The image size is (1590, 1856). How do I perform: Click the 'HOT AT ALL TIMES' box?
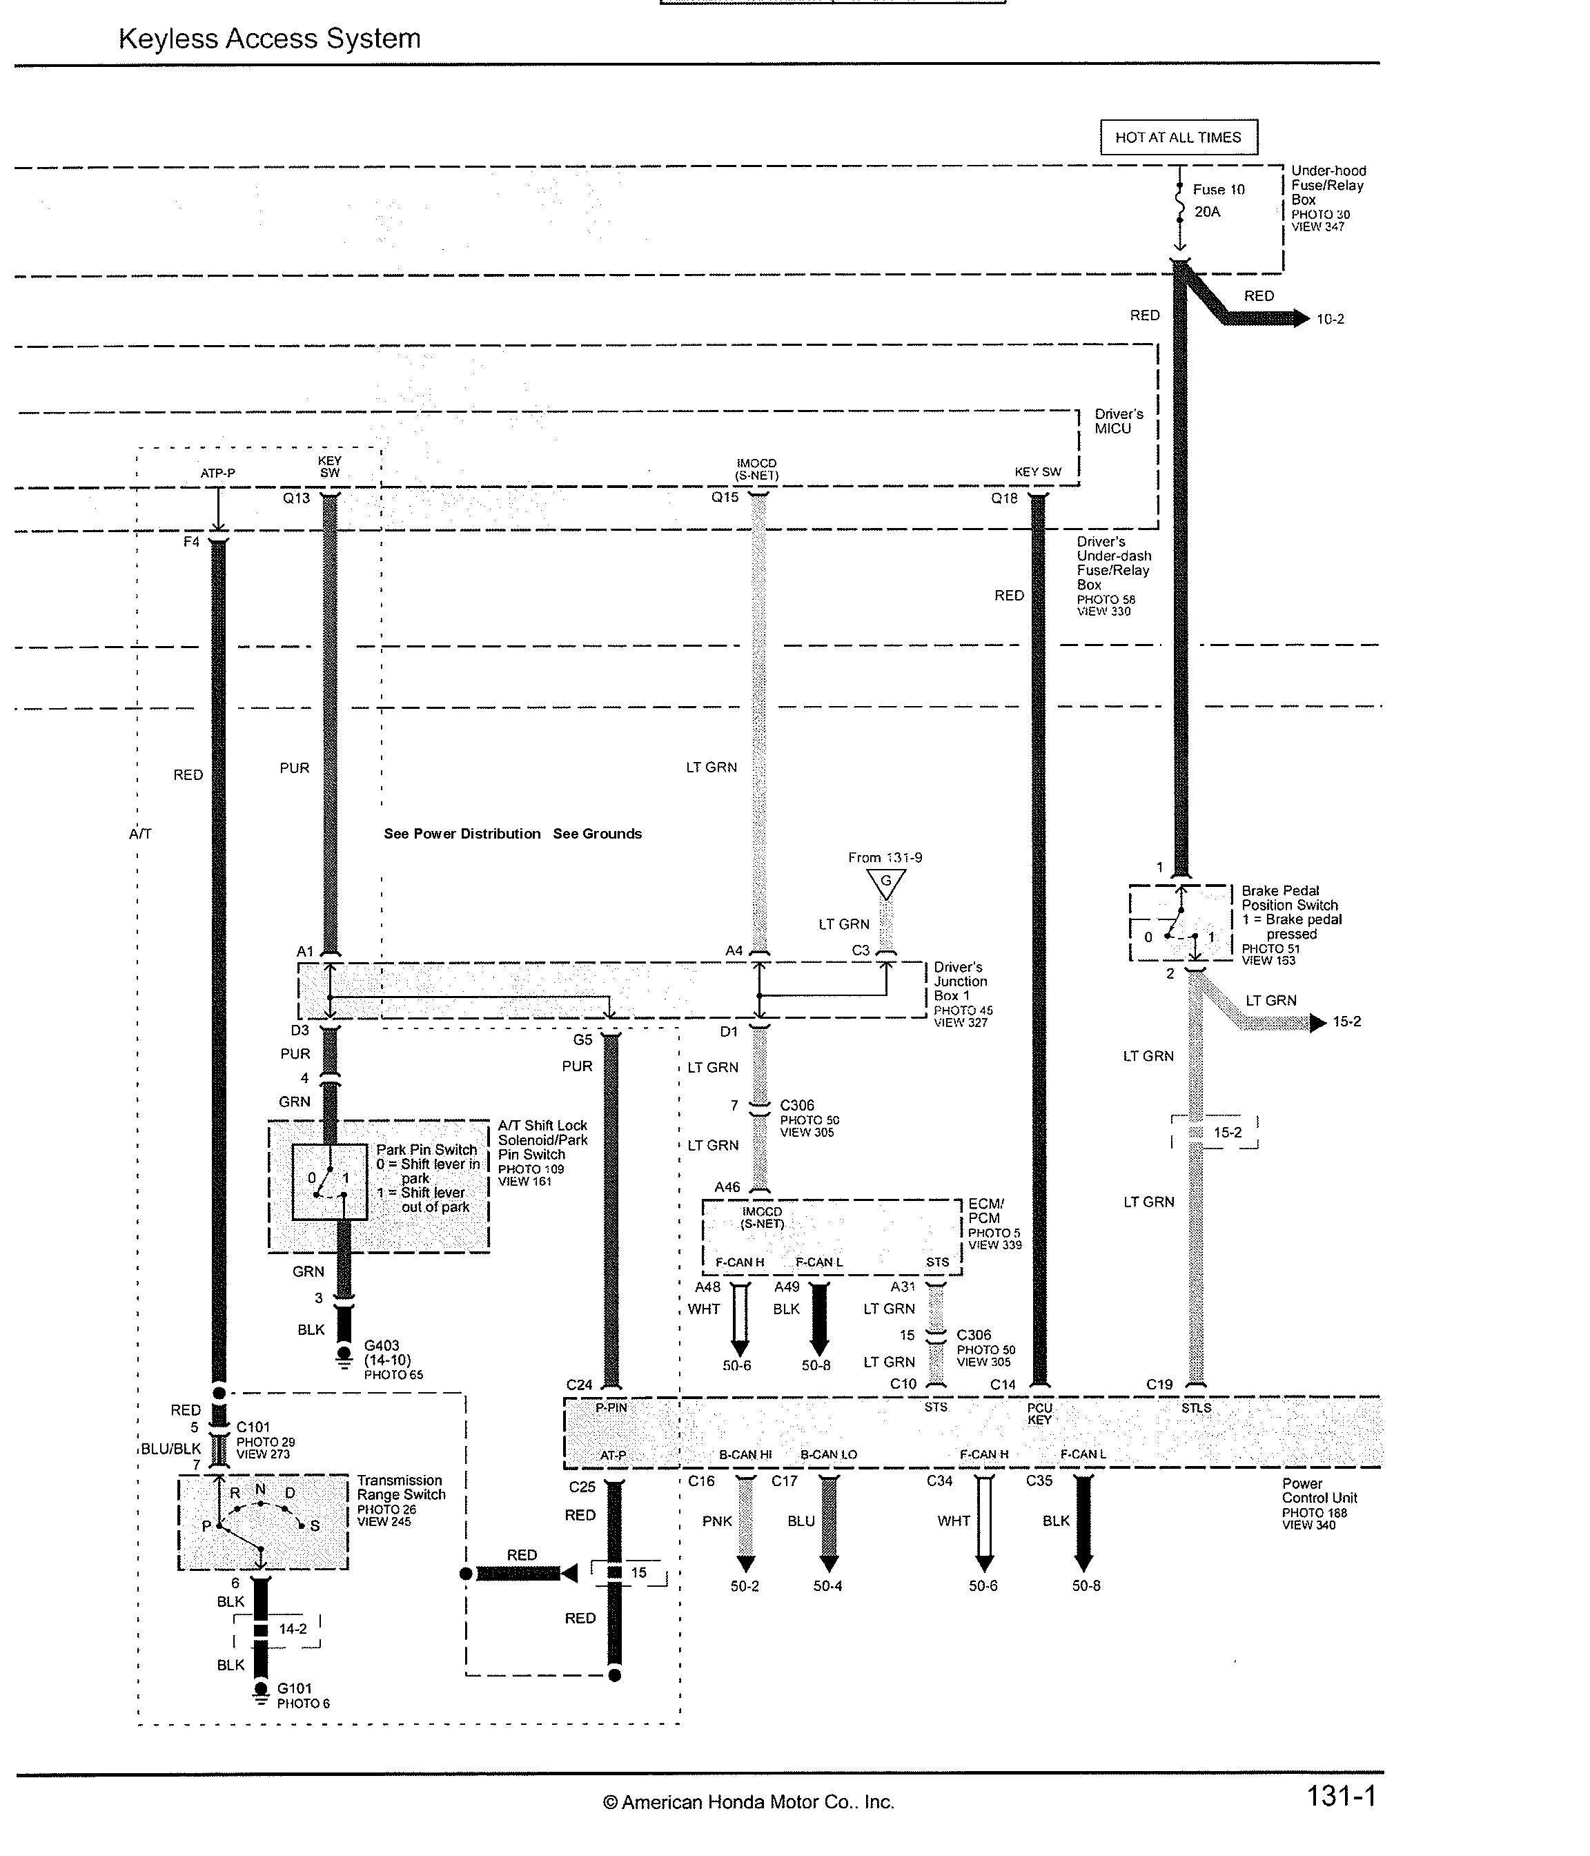tap(1178, 137)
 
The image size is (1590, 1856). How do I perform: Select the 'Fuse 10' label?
tap(1218, 190)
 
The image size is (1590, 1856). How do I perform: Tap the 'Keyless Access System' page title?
tap(270, 39)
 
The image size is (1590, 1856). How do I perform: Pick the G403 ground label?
tap(382, 1345)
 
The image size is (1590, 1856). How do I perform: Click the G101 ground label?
tap(294, 1688)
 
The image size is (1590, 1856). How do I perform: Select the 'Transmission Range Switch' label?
tap(400, 1488)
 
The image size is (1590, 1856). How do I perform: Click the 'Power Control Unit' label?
tap(1319, 1491)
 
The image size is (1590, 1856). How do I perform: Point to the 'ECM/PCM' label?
tap(985, 1211)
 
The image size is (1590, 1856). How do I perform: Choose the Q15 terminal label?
tap(725, 497)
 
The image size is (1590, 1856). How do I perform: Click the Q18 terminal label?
tap(1003, 498)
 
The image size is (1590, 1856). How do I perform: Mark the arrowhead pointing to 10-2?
tap(1301, 318)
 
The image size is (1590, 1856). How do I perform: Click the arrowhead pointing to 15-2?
tap(1317, 1022)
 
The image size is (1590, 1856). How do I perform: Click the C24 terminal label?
tap(579, 1385)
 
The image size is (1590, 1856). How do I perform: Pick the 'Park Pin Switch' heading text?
tap(426, 1150)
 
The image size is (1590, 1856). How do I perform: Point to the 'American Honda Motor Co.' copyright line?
tap(748, 1802)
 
